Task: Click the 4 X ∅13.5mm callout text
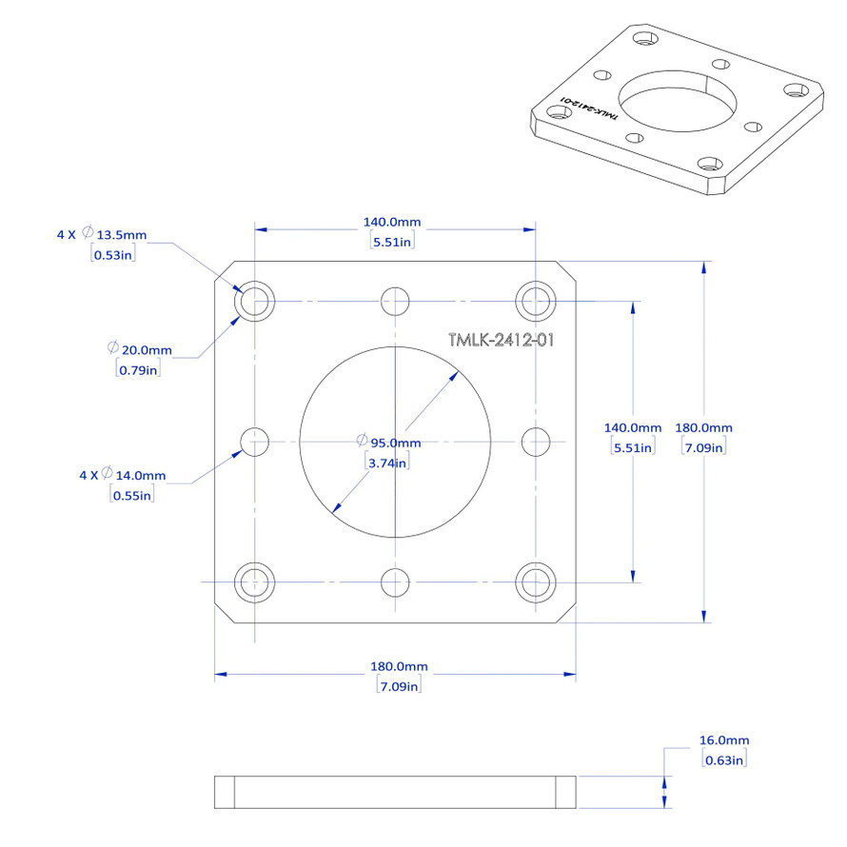[102, 234]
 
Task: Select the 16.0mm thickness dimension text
[724, 739]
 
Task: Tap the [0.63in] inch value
[723, 758]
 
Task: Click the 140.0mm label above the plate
[391, 223]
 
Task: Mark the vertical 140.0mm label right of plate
[633, 427]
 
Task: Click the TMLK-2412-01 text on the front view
[501, 340]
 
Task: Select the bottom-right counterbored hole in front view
[536, 581]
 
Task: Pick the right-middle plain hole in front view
[537, 442]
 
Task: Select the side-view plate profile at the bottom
[395, 793]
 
